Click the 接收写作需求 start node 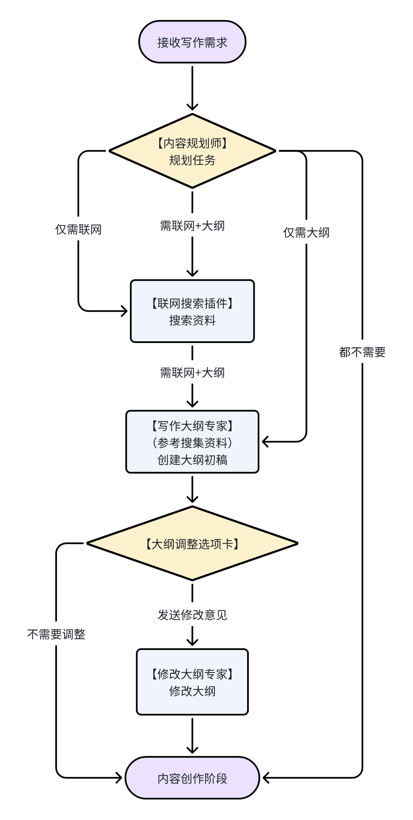pyautogui.click(x=192, y=42)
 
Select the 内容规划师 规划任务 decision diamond pyautogui.click(x=192, y=151)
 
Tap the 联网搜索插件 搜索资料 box pyautogui.click(x=192, y=311)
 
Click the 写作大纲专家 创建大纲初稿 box pyautogui.click(x=192, y=442)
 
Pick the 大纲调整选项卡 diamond pyautogui.click(x=192, y=544)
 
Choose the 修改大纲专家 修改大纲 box pyautogui.click(x=192, y=682)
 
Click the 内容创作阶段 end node pyautogui.click(x=192, y=778)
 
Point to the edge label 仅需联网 pyautogui.click(x=78, y=229)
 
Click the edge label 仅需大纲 pyautogui.click(x=306, y=232)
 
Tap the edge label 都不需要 pyautogui.click(x=362, y=352)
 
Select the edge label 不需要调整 pyautogui.click(x=56, y=634)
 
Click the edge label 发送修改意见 pyautogui.click(x=192, y=615)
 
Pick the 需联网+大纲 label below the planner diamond pyautogui.click(x=192, y=226)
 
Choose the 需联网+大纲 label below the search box pyautogui.click(x=192, y=373)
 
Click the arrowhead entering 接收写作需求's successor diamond pyautogui.click(x=192, y=107)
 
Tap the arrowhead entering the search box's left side pyautogui.click(x=125, y=311)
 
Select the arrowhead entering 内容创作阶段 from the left pyautogui.click(x=119, y=778)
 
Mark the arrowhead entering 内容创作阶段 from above pyautogui.click(x=192, y=750)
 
